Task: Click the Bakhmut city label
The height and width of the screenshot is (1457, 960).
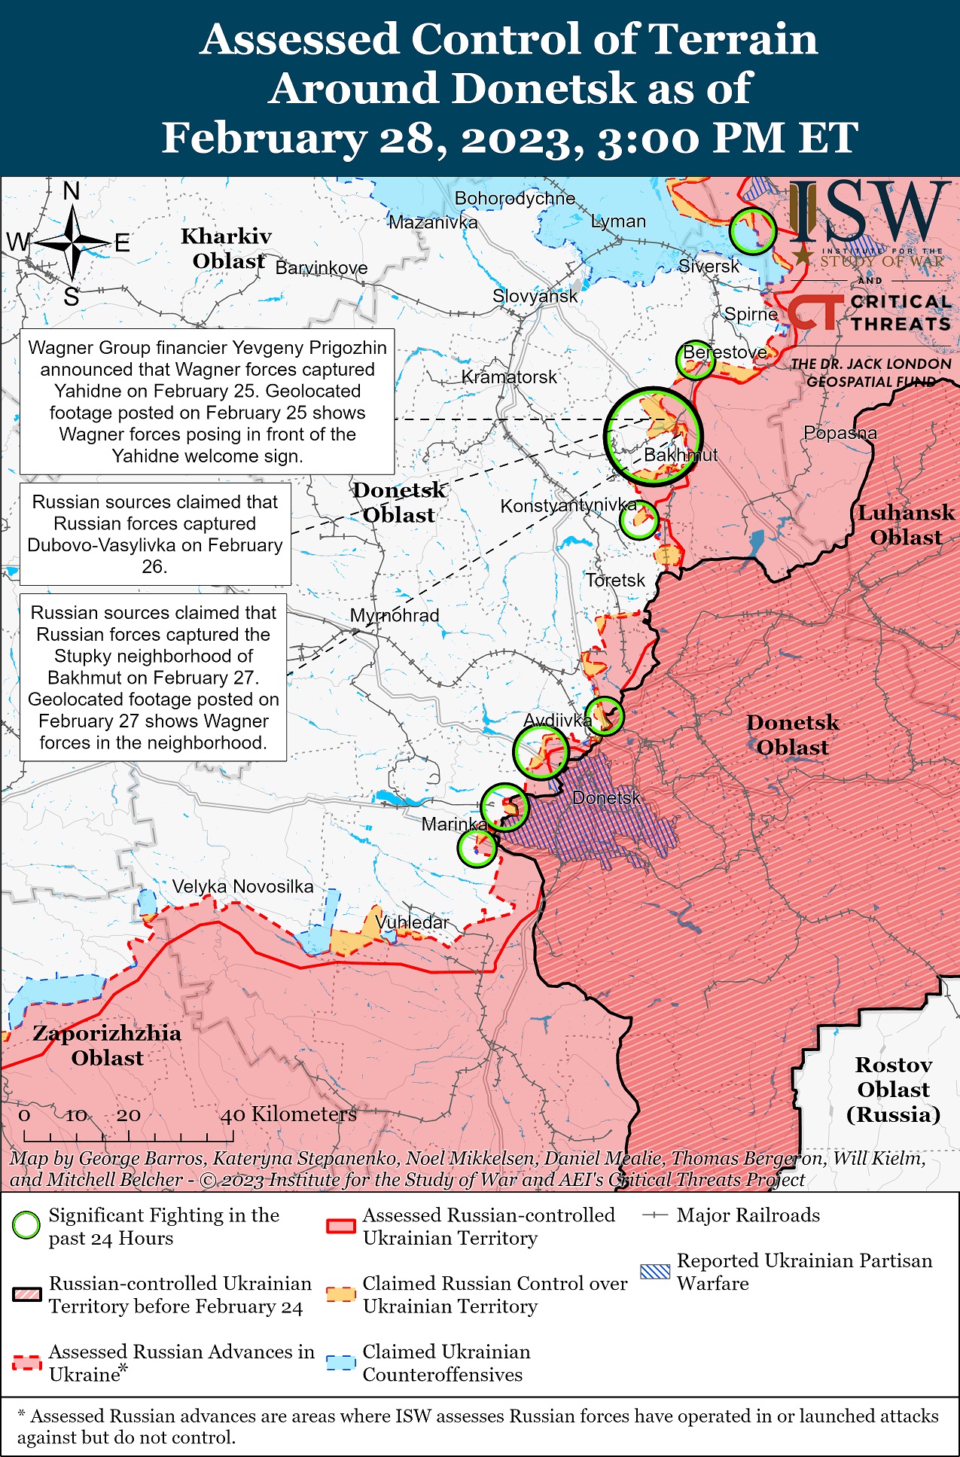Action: (x=680, y=455)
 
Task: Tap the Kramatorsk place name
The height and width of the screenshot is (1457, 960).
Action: (x=509, y=376)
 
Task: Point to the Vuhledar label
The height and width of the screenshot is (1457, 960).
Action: (x=412, y=922)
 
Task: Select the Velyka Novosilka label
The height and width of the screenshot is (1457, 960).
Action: (x=242, y=886)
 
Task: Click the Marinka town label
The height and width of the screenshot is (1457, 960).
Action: (x=454, y=824)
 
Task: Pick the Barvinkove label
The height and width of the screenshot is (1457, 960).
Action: (x=322, y=268)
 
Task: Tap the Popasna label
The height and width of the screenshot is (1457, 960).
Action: (x=840, y=433)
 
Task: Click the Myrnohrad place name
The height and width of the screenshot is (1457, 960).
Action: (x=395, y=615)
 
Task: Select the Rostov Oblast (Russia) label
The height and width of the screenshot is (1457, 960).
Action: (x=893, y=1090)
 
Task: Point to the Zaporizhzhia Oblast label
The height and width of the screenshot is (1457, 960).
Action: (x=107, y=1045)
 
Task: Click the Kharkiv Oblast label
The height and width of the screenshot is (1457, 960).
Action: (x=227, y=248)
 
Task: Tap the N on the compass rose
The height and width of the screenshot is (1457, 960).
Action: (x=72, y=191)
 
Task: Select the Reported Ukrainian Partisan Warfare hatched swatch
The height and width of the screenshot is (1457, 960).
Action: (x=654, y=1272)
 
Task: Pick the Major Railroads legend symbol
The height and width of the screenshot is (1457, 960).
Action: (x=655, y=1215)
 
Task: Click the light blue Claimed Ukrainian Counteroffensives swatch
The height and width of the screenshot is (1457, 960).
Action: (x=340, y=1362)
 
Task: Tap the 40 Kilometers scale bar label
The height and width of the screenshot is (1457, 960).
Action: (x=288, y=1114)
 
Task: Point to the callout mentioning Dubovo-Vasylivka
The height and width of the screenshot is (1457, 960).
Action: (x=155, y=534)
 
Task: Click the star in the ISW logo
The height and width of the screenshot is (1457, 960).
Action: (x=803, y=257)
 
